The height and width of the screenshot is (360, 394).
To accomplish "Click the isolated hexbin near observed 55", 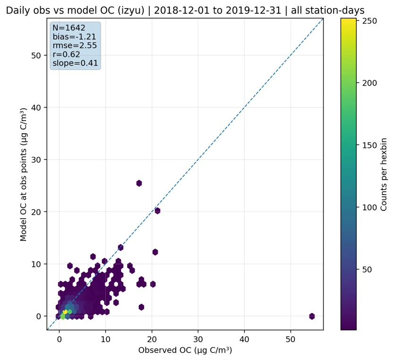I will click(312, 316).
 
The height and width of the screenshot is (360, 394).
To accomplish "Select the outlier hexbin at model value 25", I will click(139, 183).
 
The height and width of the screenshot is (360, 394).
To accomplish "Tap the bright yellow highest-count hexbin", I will click(65, 312).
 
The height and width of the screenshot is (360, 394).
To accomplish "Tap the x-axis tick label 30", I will click(198, 339).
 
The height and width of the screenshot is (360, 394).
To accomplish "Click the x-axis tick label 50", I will click(291, 339).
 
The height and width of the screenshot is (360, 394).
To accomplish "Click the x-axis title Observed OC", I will click(185, 351).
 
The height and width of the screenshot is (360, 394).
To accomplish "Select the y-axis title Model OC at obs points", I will click(23, 174).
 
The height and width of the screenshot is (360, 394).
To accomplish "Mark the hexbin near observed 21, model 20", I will click(157, 211).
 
